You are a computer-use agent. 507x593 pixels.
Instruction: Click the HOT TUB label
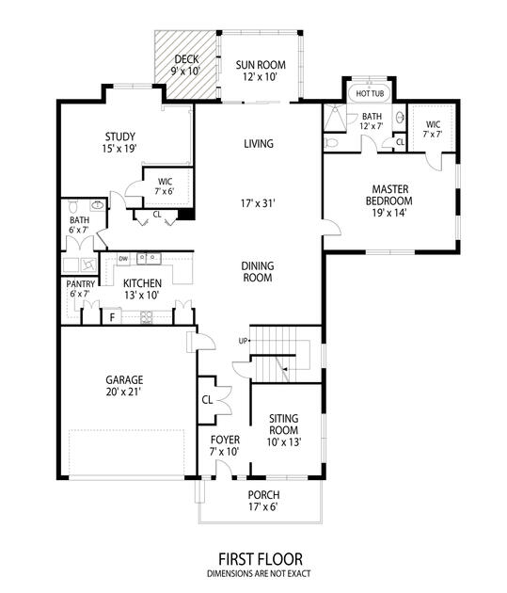coord(370,93)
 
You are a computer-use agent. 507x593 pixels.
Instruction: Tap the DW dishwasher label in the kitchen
coord(123,259)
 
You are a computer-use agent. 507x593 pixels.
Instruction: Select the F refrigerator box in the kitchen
coord(112,316)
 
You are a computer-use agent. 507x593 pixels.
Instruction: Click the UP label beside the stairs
coord(243,341)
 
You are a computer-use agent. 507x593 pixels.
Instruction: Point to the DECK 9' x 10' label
coord(186,65)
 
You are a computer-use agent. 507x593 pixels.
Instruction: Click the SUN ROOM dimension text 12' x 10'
coord(261,77)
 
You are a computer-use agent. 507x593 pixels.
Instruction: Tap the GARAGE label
coord(124,379)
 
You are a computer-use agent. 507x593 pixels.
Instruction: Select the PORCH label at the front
coord(263,495)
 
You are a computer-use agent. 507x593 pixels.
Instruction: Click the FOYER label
coord(225,440)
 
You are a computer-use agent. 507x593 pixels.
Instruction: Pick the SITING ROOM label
coord(284,425)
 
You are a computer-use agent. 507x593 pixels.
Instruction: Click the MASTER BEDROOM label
coord(389,195)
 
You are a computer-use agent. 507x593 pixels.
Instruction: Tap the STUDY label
coord(120,136)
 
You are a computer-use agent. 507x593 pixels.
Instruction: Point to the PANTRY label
coord(81,284)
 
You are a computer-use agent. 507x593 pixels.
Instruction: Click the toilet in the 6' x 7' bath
coord(73,206)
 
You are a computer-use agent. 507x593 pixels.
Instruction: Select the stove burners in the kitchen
coord(146,316)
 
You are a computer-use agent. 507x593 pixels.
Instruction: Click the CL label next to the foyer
coord(207,400)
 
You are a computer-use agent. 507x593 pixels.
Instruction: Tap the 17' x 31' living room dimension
coord(258,204)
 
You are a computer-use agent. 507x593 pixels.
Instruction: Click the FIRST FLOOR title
coord(261,558)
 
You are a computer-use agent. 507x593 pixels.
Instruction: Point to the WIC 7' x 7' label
coord(433,129)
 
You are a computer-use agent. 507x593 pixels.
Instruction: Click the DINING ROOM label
coord(258,271)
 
